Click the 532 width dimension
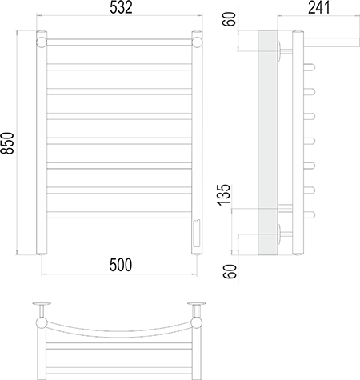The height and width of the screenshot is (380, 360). click(121, 8)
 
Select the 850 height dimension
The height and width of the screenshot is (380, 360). click(7, 143)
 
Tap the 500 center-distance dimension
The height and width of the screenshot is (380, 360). click(121, 265)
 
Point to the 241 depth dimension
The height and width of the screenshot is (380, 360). click(319, 7)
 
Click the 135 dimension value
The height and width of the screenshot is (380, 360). click(224, 194)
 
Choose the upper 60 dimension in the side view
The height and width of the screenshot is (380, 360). click(229, 19)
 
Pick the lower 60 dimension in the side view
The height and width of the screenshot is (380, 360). click(230, 271)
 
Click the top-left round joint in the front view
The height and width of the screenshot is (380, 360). click(42, 42)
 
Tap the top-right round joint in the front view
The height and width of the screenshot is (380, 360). click(197, 42)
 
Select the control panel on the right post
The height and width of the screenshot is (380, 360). click(197, 233)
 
